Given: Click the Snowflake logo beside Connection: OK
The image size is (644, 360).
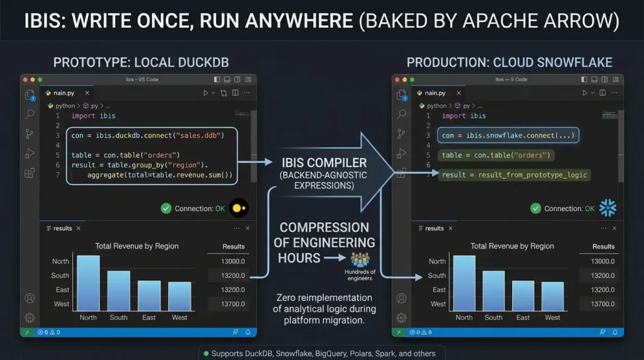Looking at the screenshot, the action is coord(608,208).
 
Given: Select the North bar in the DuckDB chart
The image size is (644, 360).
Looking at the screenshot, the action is coord(88,283).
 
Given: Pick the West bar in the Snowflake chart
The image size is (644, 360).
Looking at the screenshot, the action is coord(552,296).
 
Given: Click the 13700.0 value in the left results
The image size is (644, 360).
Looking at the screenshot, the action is coord(233,304).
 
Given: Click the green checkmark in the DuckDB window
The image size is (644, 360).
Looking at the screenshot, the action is coord(166,208).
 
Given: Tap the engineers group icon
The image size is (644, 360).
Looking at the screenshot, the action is coord(360,260).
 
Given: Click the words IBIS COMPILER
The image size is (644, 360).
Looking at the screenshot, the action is coord(324,163).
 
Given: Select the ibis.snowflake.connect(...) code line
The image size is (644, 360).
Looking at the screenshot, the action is coord(508,135).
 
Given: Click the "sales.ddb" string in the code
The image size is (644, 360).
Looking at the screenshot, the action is coord(200,135).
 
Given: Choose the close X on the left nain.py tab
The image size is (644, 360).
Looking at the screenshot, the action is coord(87,93).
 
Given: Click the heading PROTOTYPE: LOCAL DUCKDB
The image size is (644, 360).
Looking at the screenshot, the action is coord(141,62).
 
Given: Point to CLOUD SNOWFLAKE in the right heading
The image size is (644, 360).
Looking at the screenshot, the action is coord(552,62).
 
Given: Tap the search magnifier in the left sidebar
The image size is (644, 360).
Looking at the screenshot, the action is coord(30,114).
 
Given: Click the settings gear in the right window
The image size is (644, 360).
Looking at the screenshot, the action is coord(401,318).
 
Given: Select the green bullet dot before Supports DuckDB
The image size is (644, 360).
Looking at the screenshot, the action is coord(206,354).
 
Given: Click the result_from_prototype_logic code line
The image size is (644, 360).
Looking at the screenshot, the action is coord(514,175).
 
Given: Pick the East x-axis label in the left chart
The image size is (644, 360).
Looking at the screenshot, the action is coord(148,317).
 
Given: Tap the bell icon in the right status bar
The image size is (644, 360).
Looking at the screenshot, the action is coord(615,332).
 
